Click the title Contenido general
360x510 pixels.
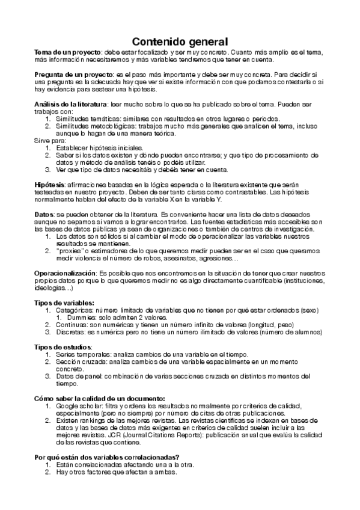coord(180,41)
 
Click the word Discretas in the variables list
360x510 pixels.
coord(72,331)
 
